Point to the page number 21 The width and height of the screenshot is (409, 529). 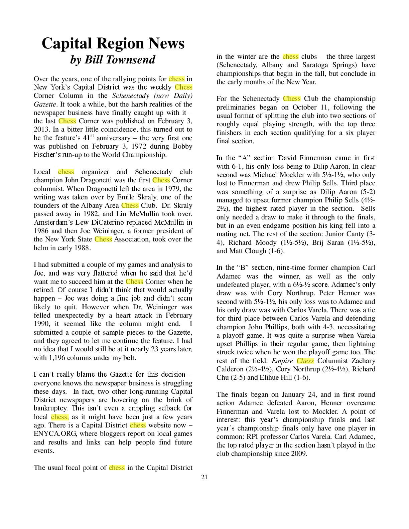click(204, 477)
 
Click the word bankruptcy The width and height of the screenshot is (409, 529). click(50, 408)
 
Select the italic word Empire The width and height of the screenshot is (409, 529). click(282, 361)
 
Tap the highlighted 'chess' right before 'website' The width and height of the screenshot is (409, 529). click(138, 425)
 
